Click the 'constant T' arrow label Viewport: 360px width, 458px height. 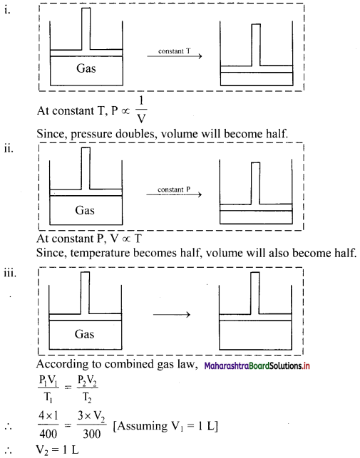[175, 51]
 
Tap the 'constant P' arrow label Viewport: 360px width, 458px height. [174, 189]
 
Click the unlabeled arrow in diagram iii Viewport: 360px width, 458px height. [172, 315]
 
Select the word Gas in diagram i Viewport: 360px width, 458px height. [86, 68]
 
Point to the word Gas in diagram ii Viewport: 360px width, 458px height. [85, 210]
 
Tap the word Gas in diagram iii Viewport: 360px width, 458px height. [84, 334]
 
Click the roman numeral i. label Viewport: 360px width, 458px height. [7, 10]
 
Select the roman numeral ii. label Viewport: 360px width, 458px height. [9, 148]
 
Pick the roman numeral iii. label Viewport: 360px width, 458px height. [10, 274]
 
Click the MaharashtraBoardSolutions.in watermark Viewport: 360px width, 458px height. [257, 365]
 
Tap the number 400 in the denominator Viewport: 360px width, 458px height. [48, 434]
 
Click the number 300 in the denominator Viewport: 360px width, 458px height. [91, 434]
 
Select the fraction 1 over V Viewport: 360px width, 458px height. [142, 110]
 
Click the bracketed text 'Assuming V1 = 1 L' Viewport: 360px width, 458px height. [165, 426]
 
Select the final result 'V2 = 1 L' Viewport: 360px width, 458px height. [57, 450]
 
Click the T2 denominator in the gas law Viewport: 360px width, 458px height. [87, 397]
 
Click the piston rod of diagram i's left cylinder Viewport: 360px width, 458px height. [86, 28]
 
